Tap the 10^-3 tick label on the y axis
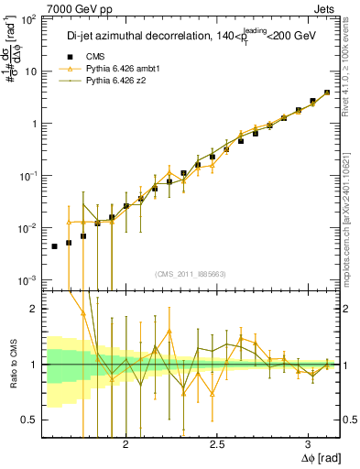pos(30,279)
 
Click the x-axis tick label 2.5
pos(216,443)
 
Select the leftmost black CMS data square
pos(54,246)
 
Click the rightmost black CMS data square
pos(327,93)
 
